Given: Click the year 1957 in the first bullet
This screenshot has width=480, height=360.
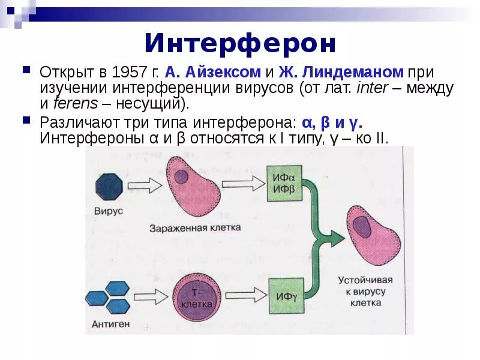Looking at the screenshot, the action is (x=128, y=73).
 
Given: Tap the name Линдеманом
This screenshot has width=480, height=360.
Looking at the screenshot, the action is (x=353, y=73).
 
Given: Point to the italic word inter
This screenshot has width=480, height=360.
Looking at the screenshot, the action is (x=371, y=88).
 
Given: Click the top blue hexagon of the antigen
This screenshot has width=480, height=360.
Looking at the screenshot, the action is (x=118, y=288).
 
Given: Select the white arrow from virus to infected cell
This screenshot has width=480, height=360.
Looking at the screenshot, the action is (x=144, y=185).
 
